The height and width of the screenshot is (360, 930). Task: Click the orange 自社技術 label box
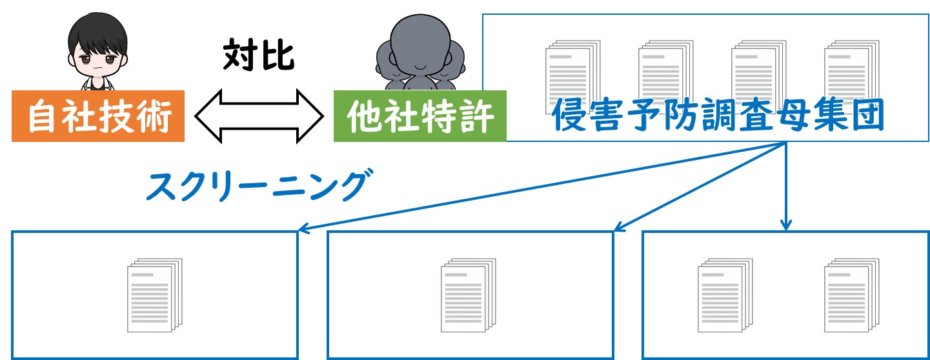coord(98,116)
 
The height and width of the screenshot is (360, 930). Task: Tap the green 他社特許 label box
coord(420,116)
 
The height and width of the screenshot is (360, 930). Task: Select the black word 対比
coord(259,55)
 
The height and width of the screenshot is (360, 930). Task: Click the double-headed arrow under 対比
coord(259,116)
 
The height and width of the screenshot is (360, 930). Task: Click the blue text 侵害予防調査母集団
coord(718,115)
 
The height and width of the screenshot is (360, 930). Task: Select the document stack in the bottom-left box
coord(155,295)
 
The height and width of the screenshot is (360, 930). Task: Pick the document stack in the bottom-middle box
coord(469,295)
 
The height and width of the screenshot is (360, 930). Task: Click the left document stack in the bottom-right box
coord(725,295)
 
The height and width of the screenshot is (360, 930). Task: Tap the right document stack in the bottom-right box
coord(852,295)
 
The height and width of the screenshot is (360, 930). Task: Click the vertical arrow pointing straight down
coord(785,186)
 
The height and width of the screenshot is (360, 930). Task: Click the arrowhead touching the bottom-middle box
coord(619,226)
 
